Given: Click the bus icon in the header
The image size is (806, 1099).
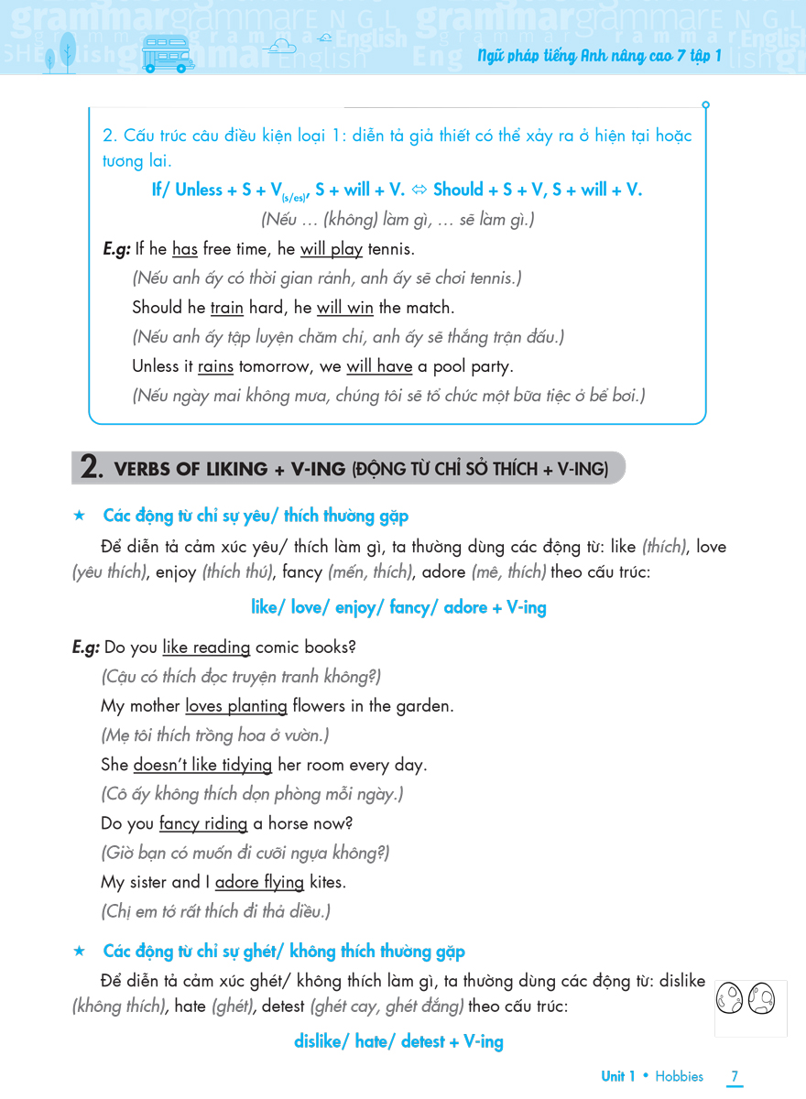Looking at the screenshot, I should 169,53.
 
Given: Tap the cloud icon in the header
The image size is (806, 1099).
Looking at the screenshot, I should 278,46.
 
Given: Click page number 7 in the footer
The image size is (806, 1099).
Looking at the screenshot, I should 735,1076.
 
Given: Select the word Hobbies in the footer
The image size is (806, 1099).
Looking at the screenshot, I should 680,1076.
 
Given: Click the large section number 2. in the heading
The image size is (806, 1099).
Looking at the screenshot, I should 92,468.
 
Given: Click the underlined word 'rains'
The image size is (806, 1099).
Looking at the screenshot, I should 215,366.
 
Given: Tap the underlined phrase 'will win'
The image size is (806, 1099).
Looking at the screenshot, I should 344,308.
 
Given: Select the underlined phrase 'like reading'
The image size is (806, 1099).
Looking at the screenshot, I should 206,647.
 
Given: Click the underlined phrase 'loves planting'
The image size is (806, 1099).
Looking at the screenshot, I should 236,706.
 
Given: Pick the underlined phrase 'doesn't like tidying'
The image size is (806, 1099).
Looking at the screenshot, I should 202,765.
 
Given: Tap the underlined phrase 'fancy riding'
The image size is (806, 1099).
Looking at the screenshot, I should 203,823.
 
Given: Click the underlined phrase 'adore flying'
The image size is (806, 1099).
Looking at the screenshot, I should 259,882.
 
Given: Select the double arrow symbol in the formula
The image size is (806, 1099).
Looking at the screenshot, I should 420,190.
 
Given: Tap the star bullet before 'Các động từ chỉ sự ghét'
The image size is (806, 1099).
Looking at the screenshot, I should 79,952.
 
